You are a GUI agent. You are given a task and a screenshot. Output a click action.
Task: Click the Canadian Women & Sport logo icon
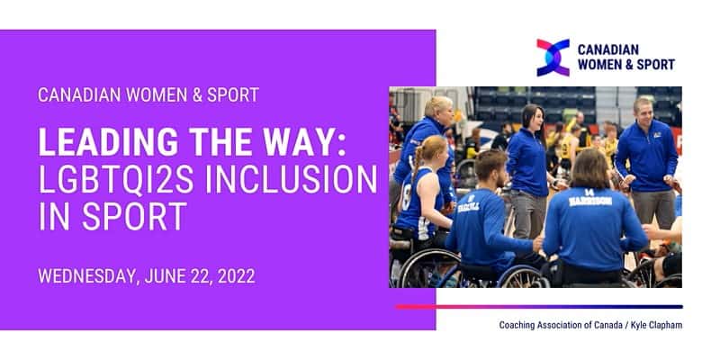click(553, 58)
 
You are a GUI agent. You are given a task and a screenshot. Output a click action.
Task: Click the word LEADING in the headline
click(108, 142)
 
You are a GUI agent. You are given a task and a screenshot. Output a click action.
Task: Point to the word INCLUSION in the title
click(291, 179)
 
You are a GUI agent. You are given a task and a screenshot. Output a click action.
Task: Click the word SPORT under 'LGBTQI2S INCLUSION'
click(134, 216)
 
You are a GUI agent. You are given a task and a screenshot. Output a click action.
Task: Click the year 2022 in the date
click(236, 276)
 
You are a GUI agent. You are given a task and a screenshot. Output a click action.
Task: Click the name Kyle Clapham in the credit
click(658, 325)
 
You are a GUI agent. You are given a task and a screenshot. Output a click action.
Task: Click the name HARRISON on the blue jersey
click(590, 201)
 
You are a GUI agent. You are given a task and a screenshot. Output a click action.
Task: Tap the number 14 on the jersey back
click(589, 193)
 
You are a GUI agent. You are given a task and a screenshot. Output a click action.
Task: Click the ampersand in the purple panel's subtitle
click(196, 94)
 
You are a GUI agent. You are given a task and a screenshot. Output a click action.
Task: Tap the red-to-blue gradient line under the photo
click(538, 307)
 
